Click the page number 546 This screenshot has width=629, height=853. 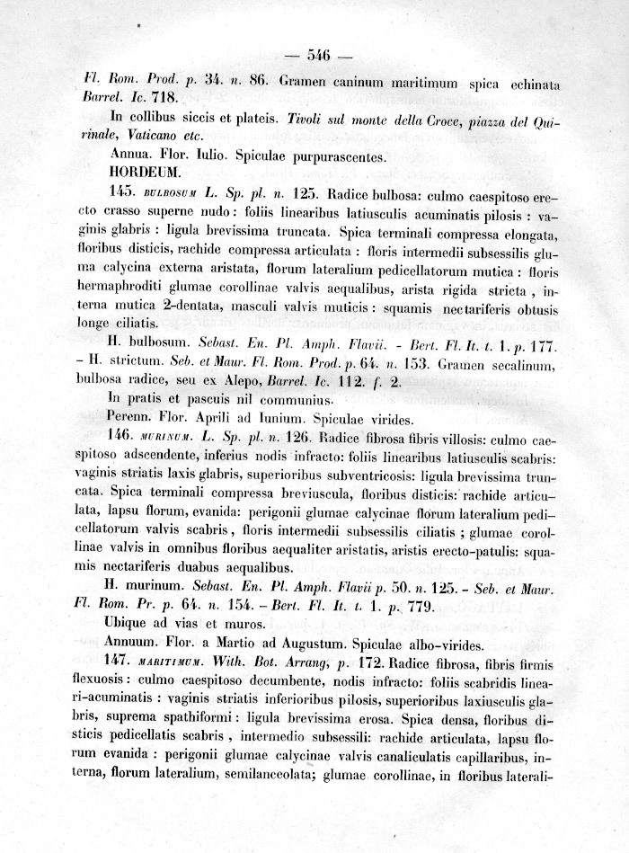319,56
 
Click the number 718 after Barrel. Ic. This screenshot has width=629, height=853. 166,98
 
